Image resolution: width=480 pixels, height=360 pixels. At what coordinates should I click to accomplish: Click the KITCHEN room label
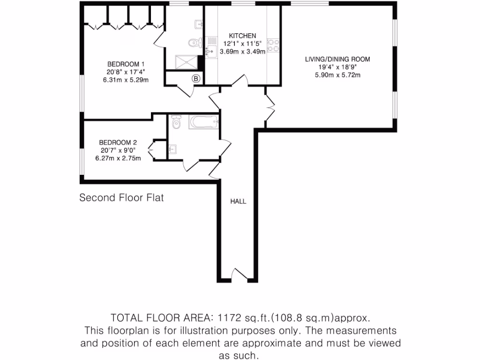242,36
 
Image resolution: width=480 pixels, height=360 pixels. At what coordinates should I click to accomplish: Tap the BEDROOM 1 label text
126,64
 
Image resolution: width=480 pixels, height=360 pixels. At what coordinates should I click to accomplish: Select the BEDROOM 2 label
118,142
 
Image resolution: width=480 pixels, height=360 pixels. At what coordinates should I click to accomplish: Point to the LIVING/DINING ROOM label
337,59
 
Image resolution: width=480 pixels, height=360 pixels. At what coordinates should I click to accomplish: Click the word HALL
238,202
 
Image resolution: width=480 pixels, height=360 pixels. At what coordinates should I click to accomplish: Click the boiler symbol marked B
196,79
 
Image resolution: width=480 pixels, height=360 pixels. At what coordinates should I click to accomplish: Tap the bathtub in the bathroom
204,123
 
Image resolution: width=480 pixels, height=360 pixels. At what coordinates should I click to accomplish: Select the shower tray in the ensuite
186,62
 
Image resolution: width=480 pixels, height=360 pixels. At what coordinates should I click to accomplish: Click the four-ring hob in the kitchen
273,45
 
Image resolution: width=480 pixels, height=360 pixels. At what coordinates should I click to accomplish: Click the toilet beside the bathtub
176,123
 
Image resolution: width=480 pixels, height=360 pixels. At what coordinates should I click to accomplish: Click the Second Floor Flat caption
121,198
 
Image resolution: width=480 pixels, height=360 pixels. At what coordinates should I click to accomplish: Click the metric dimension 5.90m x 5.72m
337,75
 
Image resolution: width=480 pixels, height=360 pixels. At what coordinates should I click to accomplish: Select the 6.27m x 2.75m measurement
118,158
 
